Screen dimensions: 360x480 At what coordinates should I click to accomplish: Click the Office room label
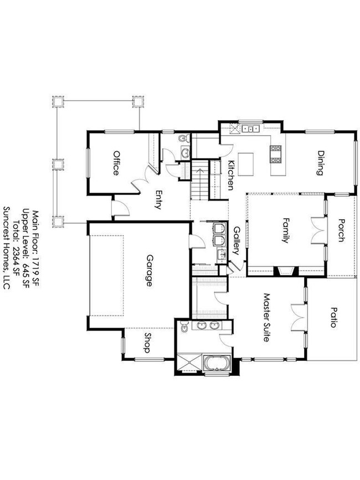116,163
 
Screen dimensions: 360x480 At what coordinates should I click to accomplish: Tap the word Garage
149,270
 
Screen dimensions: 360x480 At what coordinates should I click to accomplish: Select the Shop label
147,343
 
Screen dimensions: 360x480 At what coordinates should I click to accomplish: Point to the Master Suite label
266,317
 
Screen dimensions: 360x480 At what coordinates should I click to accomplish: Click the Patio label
333,317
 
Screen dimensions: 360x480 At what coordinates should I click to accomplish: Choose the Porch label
341,230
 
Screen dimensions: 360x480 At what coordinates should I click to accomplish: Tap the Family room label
286,230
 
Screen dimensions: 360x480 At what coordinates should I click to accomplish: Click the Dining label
320,163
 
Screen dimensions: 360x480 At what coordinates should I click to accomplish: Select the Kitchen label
231,175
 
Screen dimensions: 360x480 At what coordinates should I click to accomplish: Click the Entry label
158,200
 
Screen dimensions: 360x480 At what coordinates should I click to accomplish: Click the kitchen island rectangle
246,164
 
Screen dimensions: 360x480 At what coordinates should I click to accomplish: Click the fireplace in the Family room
286,271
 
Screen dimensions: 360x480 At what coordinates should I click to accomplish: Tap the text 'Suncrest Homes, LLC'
7,247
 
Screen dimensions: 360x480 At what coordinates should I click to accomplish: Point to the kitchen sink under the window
250,128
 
